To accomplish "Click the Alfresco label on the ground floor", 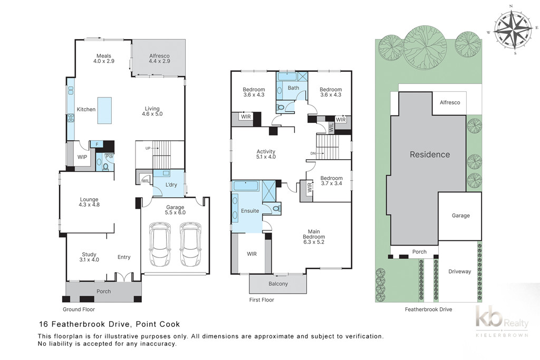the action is pos(159,58).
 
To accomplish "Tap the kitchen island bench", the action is pos(104,110).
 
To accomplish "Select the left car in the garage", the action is pos(160,245).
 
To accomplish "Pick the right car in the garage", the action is pos(190,245).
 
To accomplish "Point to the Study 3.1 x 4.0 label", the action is pos(89,257).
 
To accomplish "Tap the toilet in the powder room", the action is pos(105,167).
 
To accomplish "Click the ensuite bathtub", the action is pos(246,186).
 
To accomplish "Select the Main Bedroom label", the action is pos(314,237).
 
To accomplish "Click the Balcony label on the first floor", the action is pos(278,284).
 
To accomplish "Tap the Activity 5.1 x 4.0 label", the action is pos(266,154).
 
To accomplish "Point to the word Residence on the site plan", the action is pos(430,154).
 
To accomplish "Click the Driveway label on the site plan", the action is pos(459,271).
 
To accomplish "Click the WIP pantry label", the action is pos(82,157).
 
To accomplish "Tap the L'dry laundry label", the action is pos(171,185).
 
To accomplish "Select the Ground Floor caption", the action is pos(79,309).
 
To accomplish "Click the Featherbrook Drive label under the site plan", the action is pos(428,309).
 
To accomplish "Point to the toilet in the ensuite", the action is pos(276,208).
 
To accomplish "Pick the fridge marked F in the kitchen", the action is pos(97,144).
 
